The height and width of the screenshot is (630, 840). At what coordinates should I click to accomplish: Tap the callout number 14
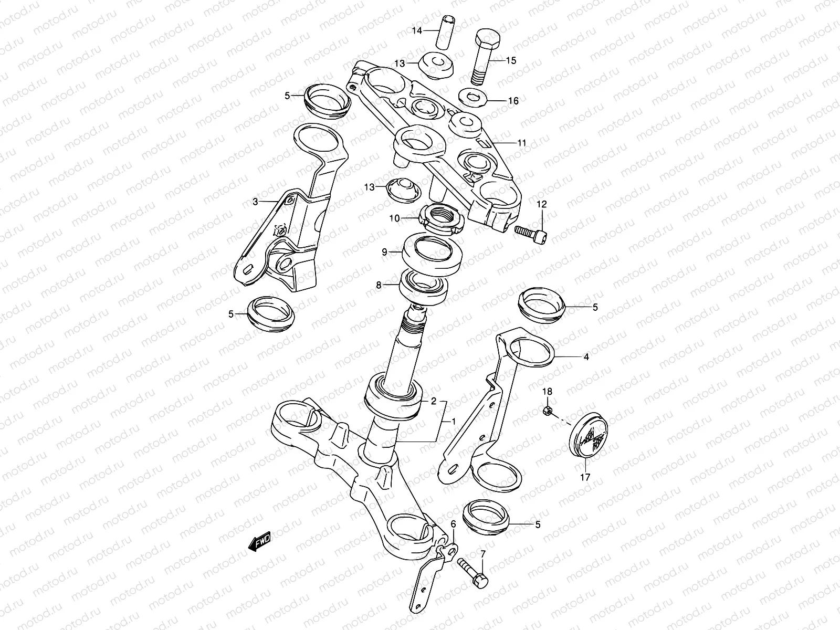tap(416, 31)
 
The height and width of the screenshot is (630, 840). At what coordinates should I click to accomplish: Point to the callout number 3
tap(255, 202)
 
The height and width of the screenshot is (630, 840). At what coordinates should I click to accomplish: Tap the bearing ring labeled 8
tap(423, 286)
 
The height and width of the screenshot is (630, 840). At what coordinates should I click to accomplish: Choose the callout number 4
tap(586, 357)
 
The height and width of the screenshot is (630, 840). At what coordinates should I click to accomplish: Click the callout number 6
tap(453, 524)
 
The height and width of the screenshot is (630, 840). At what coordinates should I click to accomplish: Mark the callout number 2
tap(434, 402)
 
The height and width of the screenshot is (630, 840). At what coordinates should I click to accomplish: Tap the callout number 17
tap(585, 477)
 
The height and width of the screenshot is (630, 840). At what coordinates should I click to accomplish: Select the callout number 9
tap(384, 253)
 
